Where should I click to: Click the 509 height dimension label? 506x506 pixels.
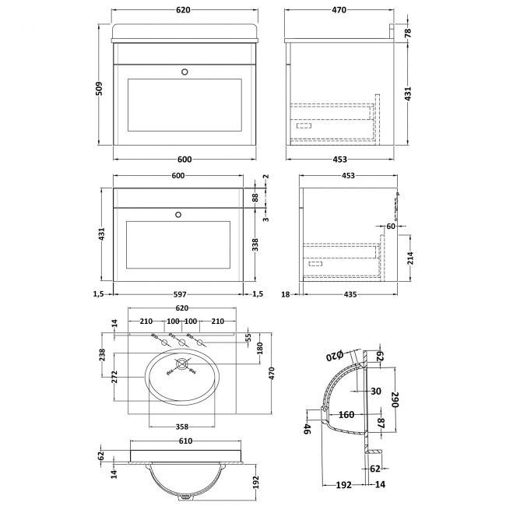pos(98,89)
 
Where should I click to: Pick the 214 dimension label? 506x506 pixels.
pos(410,258)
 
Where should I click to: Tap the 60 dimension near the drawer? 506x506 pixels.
pos(392,226)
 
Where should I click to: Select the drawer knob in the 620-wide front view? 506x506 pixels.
pos(184,72)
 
